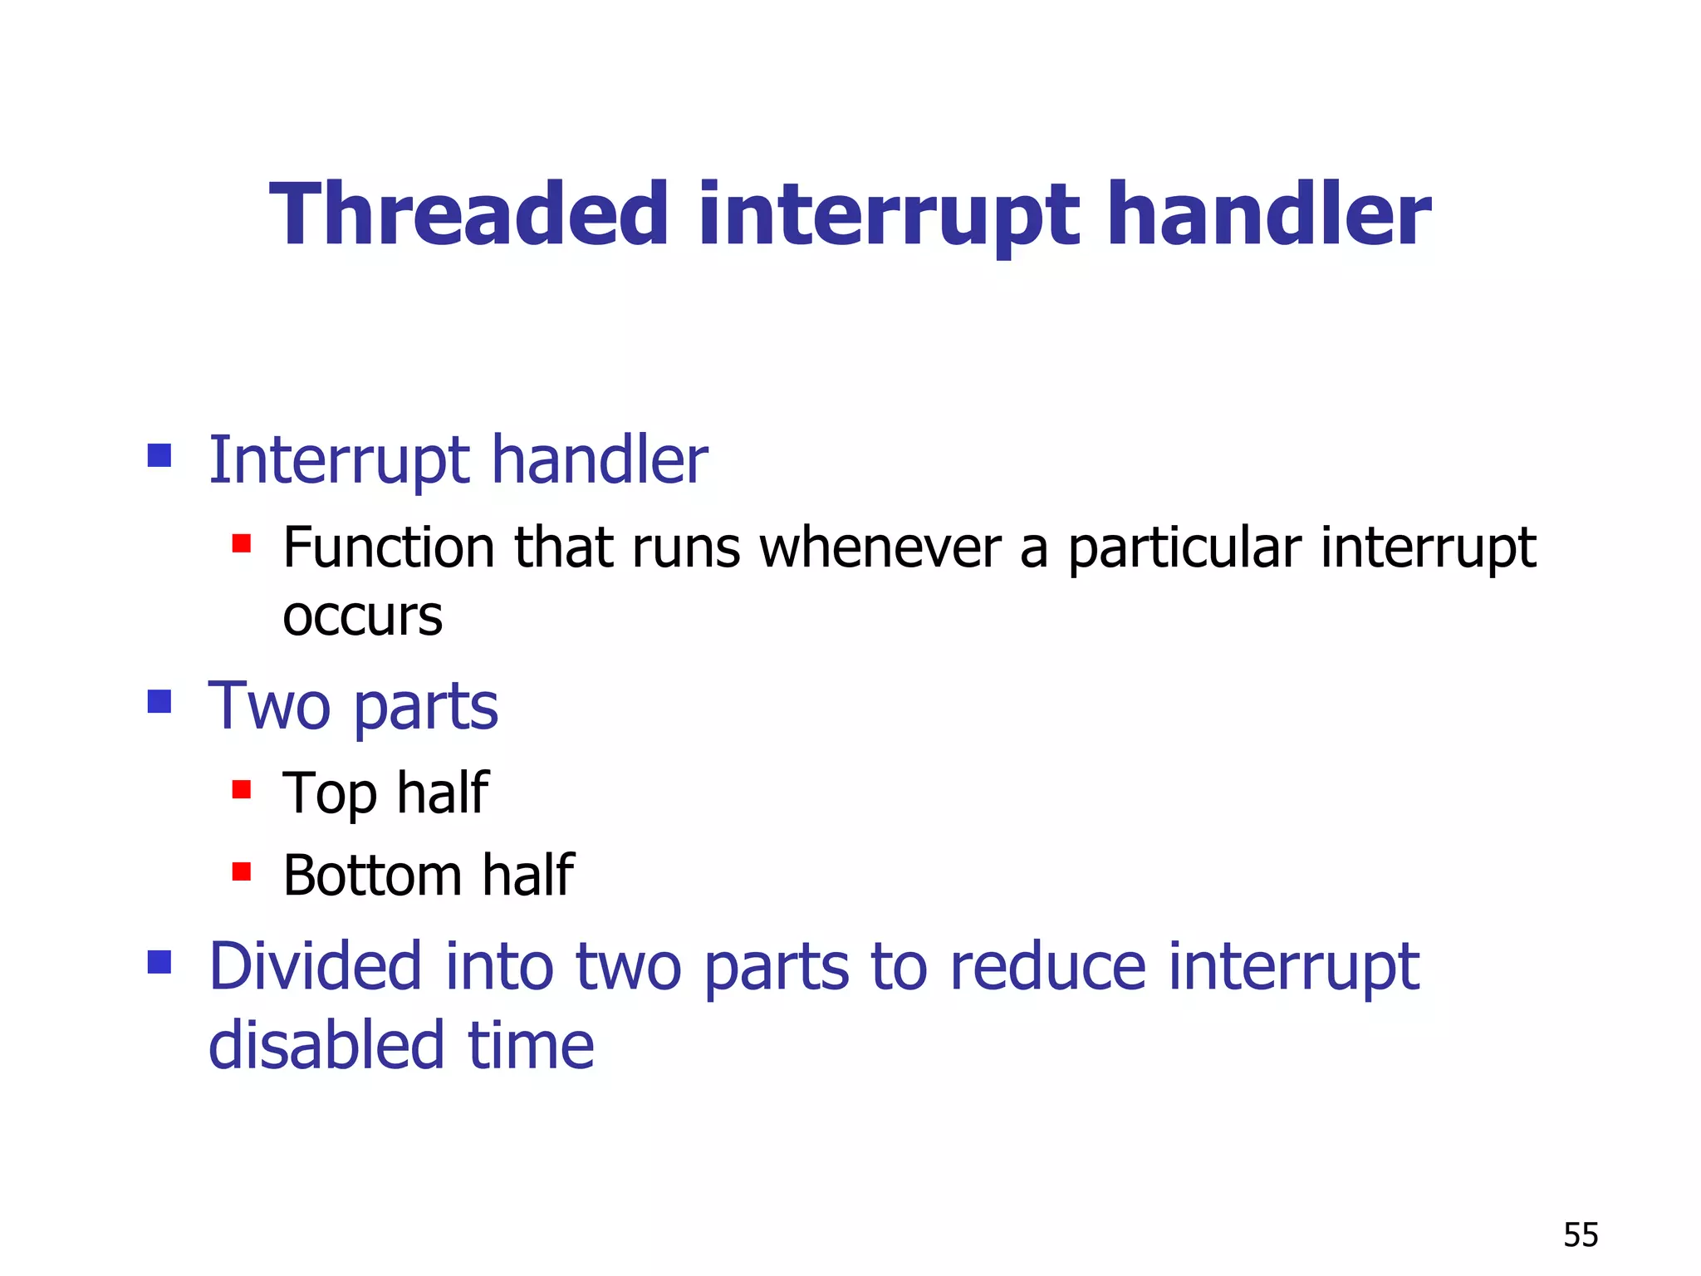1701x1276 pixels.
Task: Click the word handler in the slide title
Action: (x=1269, y=216)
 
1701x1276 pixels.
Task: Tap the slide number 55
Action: (x=1581, y=1235)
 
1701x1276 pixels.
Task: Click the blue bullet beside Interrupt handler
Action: (x=159, y=455)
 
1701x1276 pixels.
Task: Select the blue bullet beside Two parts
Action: (x=159, y=702)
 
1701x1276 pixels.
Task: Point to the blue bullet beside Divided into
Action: (x=159, y=962)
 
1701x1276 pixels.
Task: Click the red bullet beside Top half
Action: (x=242, y=788)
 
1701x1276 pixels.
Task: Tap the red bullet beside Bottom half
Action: (x=242, y=871)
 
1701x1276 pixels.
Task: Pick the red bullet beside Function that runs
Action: (x=242, y=543)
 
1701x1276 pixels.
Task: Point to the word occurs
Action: (x=362, y=617)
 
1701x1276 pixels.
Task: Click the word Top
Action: (x=330, y=793)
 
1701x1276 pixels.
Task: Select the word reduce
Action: (x=1047, y=968)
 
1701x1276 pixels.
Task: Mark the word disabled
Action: (x=326, y=1045)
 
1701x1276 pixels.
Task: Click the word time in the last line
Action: (x=532, y=1045)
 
